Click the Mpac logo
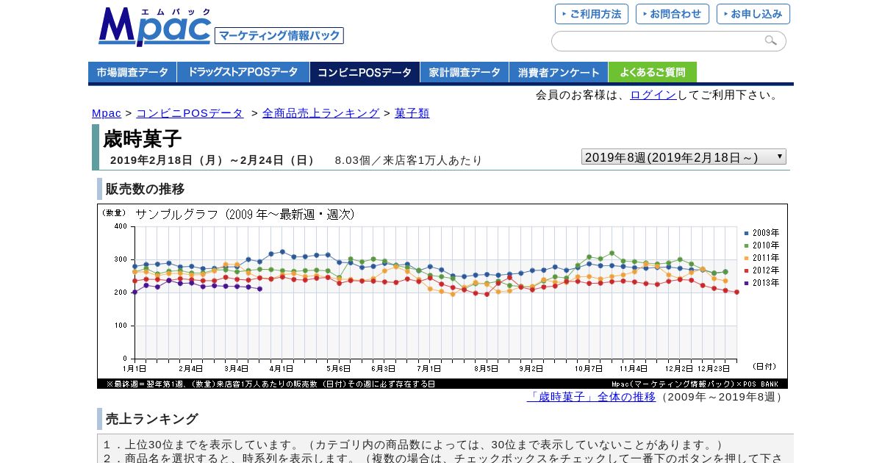click(x=154, y=27)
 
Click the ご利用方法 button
click(x=592, y=14)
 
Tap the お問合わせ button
click(x=673, y=14)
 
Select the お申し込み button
click(x=753, y=14)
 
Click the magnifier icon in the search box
click(x=770, y=40)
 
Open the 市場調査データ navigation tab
click(x=132, y=72)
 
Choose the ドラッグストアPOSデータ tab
click(x=243, y=72)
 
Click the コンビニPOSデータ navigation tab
click(x=365, y=72)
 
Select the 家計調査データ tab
click(x=465, y=72)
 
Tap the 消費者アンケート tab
click(x=559, y=72)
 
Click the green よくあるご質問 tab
click(x=652, y=72)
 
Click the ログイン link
click(x=653, y=95)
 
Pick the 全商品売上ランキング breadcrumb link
click(x=320, y=113)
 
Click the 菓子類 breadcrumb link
click(x=412, y=113)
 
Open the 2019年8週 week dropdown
click(x=684, y=157)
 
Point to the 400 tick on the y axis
click(x=121, y=226)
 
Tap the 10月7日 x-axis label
click(x=588, y=368)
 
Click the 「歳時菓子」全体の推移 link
click(x=591, y=397)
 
